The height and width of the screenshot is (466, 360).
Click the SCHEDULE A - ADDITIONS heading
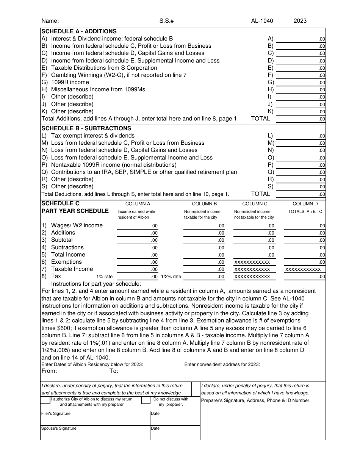79,31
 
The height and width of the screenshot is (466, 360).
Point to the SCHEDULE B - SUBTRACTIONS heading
86,128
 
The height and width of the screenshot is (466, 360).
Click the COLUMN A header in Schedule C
138,204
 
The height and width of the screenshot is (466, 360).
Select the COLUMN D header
305,204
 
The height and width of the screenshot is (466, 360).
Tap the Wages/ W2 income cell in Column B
204,226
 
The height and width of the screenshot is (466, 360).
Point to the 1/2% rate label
171,277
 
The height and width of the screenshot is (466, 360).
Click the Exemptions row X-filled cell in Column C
252,262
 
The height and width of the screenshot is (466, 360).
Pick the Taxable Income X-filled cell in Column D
303,269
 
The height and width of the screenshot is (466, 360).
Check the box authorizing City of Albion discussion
45,400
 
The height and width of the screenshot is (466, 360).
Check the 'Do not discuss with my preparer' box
146,400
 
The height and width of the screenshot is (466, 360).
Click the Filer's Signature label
56,413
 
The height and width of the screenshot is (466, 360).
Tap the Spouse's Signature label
59,428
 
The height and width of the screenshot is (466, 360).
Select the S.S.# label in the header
166,21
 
